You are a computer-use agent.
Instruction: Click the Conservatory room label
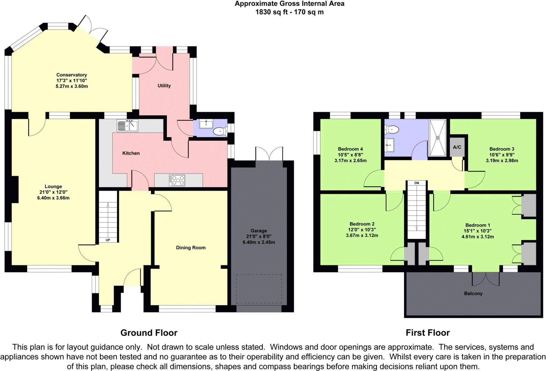click(x=71, y=75)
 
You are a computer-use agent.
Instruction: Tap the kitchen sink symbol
click(x=128, y=126)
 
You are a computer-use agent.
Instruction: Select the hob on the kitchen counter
click(x=177, y=180)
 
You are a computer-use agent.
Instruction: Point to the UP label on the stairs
click(x=108, y=240)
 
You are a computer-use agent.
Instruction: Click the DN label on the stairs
click(x=417, y=183)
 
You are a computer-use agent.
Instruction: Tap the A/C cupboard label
click(x=457, y=147)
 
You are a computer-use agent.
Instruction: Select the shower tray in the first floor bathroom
click(x=438, y=138)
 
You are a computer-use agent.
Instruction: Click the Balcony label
click(x=473, y=293)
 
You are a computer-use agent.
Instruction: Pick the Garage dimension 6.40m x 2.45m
click(x=259, y=242)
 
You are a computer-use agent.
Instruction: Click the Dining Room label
click(x=191, y=248)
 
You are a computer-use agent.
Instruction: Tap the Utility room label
click(x=164, y=86)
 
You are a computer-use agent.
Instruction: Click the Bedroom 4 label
click(x=350, y=149)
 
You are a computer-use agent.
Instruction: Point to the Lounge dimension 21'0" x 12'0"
click(x=53, y=192)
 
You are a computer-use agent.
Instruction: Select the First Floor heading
click(x=428, y=333)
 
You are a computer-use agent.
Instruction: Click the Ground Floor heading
click(x=149, y=333)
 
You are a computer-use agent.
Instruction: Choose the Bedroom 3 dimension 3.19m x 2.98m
click(x=502, y=161)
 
